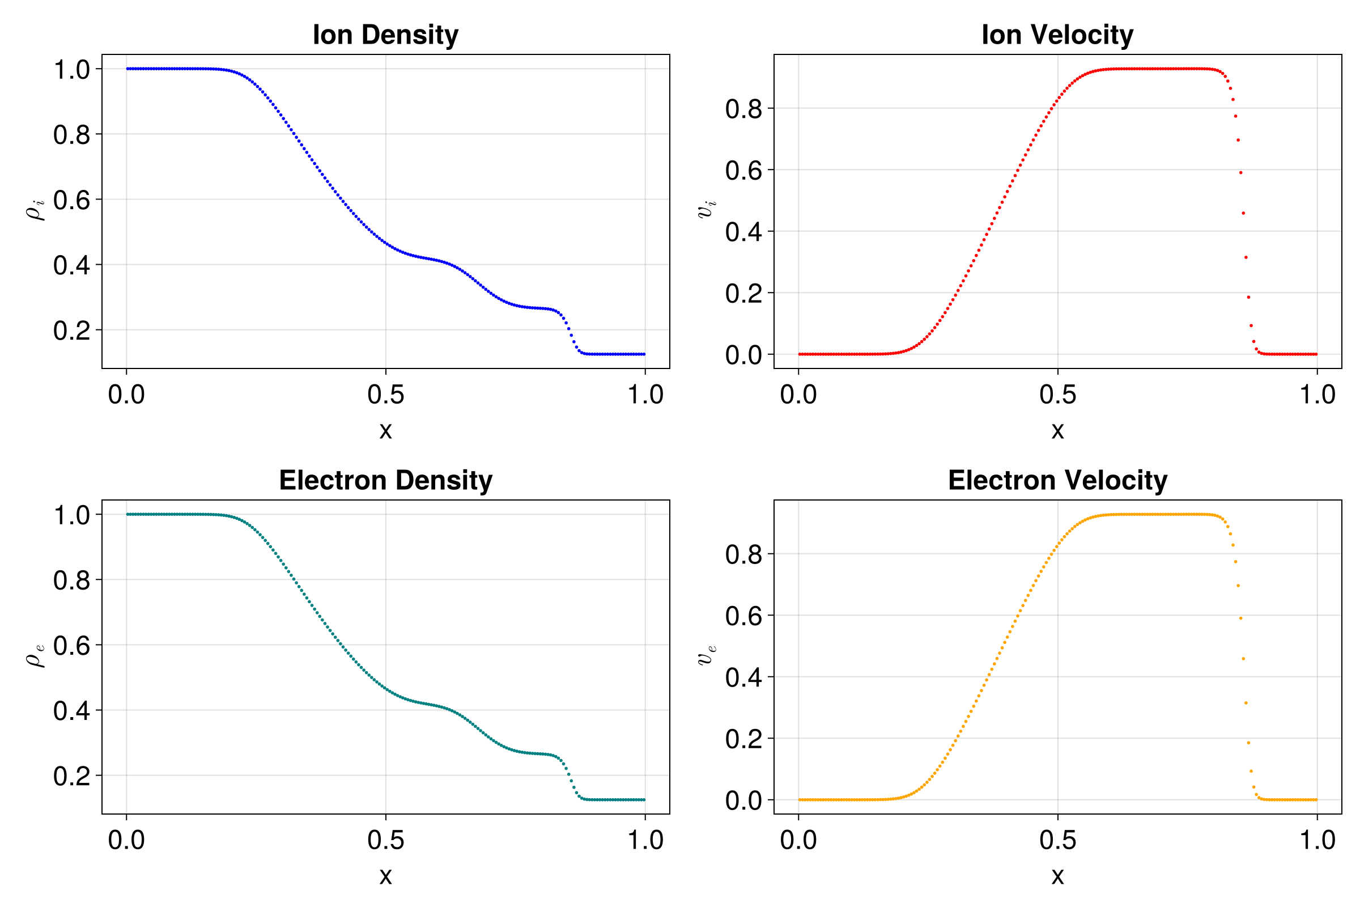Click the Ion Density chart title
coord(385,35)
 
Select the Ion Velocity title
coord(1057,35)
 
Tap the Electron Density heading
coord(385,480)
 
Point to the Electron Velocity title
coord(1057,480)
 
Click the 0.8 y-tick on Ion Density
coord(72,135)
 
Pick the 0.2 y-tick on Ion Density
coord(72,330)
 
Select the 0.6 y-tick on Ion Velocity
coord(743,171)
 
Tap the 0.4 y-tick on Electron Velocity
coord(743,677)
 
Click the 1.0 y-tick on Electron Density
coord(72,515)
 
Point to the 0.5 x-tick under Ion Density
coord(386,395)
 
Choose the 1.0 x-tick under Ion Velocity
coord(1317,395)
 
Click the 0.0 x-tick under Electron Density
coord(126,840)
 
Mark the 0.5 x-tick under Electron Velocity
coord(1057,840)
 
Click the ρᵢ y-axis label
coord(36,209)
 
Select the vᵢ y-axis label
coord(707,209)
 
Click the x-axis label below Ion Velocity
coord(1057,430)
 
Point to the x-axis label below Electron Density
coord(386,876)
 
